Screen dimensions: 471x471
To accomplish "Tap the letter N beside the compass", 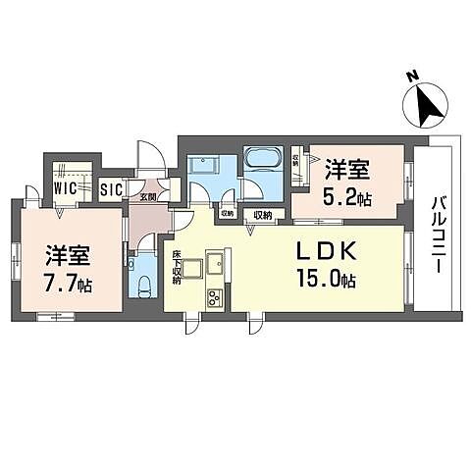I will [x=413, y=75].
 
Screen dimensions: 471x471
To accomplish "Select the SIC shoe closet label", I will [x=110, y=186].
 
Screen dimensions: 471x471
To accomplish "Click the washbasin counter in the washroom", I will [x=205, y=164].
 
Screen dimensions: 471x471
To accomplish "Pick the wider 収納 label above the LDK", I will [x=263, y=214].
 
